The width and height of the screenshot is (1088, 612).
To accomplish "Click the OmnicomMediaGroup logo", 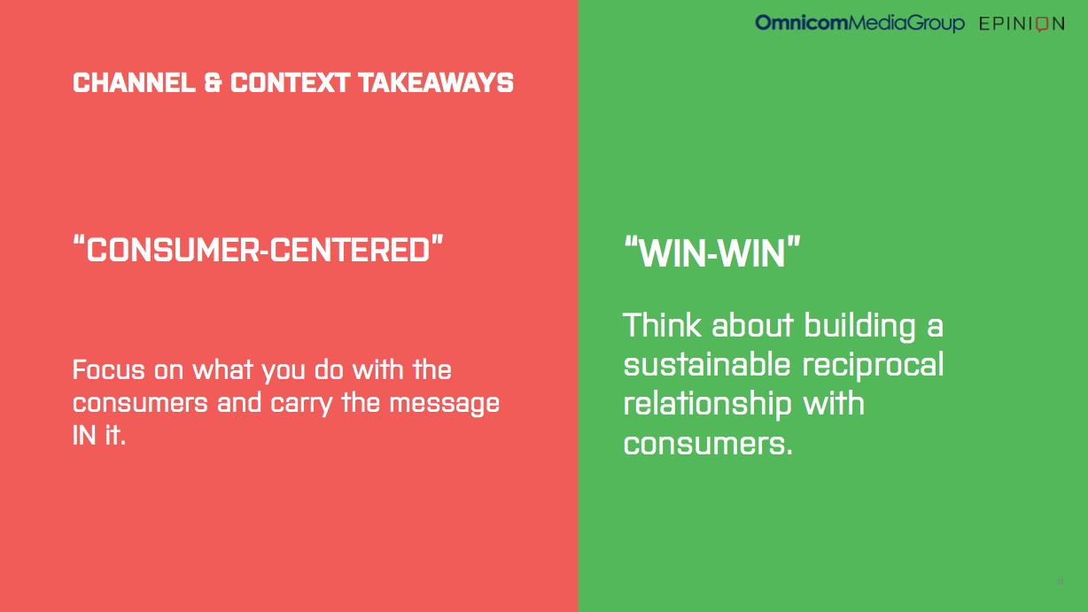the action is [x=859, y=23].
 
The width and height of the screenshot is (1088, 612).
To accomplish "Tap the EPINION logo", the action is [x=1022, y=24].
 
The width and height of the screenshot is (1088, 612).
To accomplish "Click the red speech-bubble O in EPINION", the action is [x=1042, y=24].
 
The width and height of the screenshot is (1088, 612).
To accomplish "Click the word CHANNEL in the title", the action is [x=134, y=82].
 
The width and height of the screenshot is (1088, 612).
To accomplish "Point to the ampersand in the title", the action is [x=213, y=82].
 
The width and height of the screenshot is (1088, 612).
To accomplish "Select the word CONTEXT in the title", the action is [x=290, y=82].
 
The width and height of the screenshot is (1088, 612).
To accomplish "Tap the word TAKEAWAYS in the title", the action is [x=436, y=82].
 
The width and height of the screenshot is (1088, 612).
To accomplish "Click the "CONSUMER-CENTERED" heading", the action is [x=258, y=249].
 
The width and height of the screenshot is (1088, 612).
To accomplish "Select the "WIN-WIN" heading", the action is [x=712, y=252].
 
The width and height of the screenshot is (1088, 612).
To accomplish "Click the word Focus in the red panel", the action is [x=109, y=369].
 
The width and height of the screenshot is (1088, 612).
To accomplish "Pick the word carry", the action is [x=301, y=404].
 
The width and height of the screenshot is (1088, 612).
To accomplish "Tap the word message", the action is [x=445, y=404].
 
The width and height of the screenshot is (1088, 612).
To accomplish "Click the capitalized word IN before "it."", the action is [x=84, y=435].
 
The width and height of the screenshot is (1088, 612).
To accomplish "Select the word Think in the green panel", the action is [x=662, y=324].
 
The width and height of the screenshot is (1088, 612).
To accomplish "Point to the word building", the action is [x=860, y=325].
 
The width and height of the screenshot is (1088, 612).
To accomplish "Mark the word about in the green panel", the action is [x=753, y=325].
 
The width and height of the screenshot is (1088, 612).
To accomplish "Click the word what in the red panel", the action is [x=223, y=369].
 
